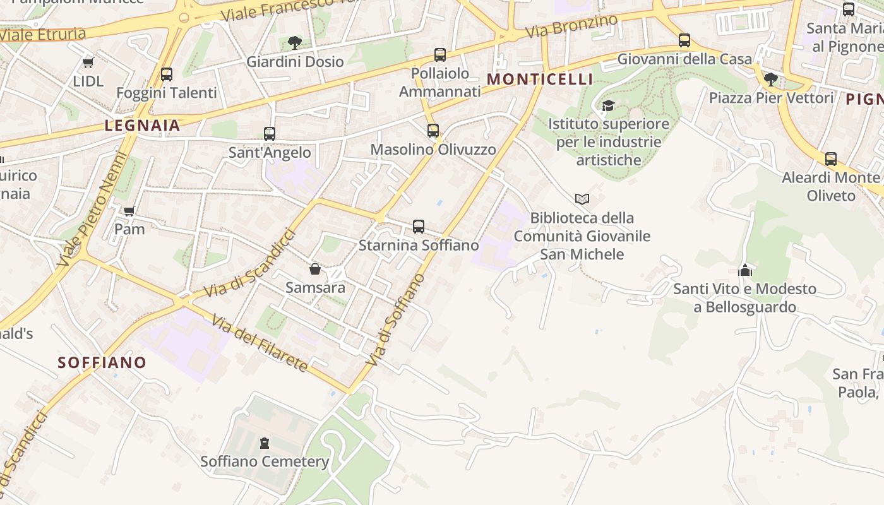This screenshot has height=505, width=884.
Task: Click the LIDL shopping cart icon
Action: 88,62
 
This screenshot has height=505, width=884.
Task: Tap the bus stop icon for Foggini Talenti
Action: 167,74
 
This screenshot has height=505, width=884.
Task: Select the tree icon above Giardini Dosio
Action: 294,43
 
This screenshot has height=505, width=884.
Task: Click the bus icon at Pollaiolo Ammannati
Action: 440,55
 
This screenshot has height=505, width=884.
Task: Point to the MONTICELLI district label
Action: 541,79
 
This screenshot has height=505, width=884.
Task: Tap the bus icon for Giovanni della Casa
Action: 684,40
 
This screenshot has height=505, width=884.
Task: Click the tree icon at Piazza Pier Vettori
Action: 770,79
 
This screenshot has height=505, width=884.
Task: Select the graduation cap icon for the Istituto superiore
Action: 608,105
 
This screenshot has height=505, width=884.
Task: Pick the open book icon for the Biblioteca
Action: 582,199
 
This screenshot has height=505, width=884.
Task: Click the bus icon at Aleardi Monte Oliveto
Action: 831,159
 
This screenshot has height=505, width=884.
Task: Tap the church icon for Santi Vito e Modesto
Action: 745,270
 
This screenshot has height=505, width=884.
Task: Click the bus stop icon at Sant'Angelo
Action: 270,134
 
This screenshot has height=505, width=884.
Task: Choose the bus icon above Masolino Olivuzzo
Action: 433,131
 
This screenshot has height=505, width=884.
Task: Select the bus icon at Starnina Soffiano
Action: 419,227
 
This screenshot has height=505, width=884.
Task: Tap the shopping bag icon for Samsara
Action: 315,270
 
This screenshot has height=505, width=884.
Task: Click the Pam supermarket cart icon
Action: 129,211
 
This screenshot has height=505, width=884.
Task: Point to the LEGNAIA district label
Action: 143,125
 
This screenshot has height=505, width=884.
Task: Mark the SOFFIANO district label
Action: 102,362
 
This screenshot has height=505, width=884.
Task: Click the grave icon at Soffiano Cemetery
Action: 265,443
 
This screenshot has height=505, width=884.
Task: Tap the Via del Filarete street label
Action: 260,343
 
